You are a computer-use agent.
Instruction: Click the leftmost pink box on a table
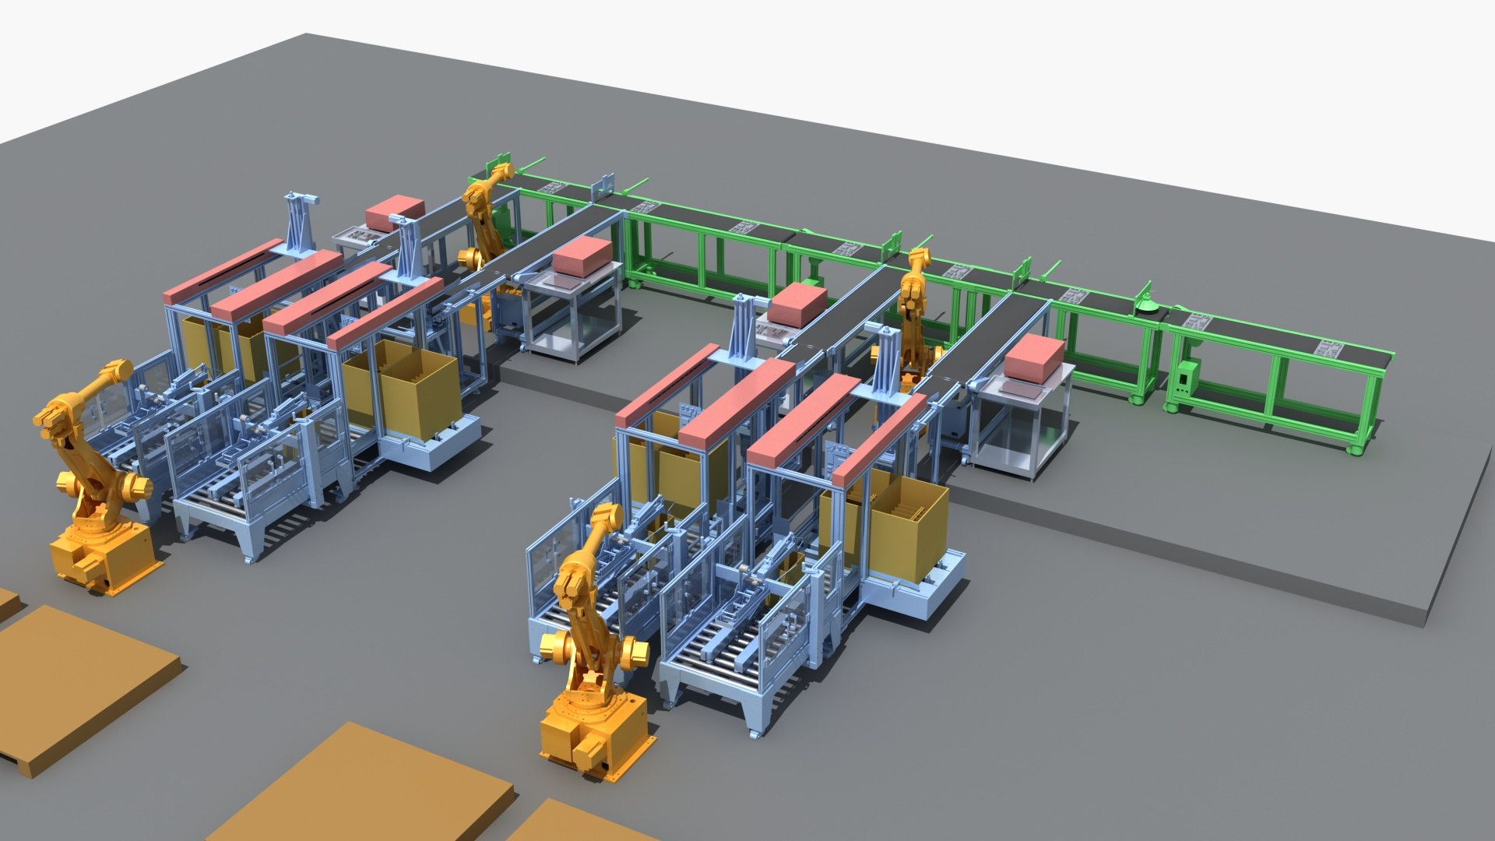coord(395,212)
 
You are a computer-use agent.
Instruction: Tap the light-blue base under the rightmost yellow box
coord(919,596)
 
